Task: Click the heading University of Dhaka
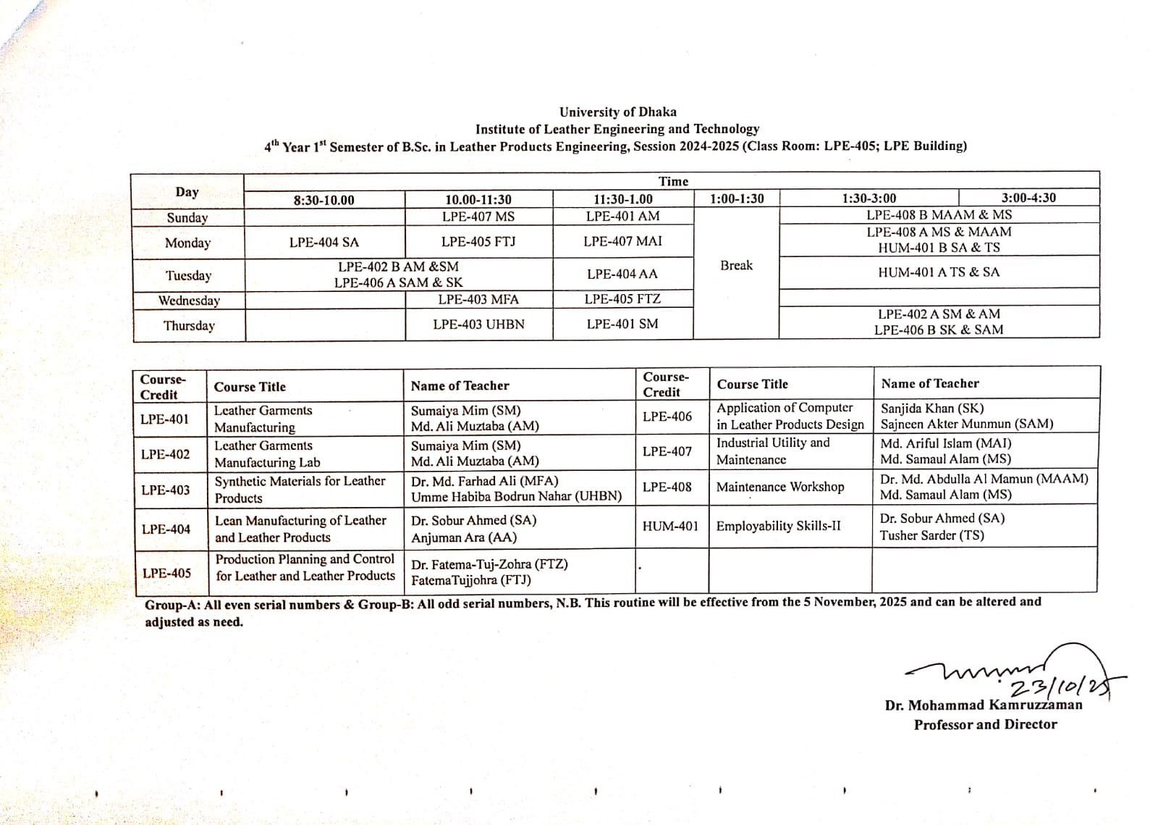click(617, 112)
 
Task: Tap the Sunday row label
click(187, 218)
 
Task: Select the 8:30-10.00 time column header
click(324, 201)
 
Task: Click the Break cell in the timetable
click(736, 266)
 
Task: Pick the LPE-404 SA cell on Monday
click(324, 243)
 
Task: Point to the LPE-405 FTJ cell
click(478, 242)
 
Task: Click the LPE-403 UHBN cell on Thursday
click(478, 324)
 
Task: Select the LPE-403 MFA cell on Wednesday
click(478, 300)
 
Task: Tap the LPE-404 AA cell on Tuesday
click(622, 275)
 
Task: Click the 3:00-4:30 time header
click(1028, 198)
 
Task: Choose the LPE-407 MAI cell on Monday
click(622, 241)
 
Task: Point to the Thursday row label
click(189, 326)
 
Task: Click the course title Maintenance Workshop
click(779, 487)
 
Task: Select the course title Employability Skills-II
click(778, 526)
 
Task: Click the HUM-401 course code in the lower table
click(670, 526)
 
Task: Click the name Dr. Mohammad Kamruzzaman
click(983, 705)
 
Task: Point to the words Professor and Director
click(985, 724)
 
